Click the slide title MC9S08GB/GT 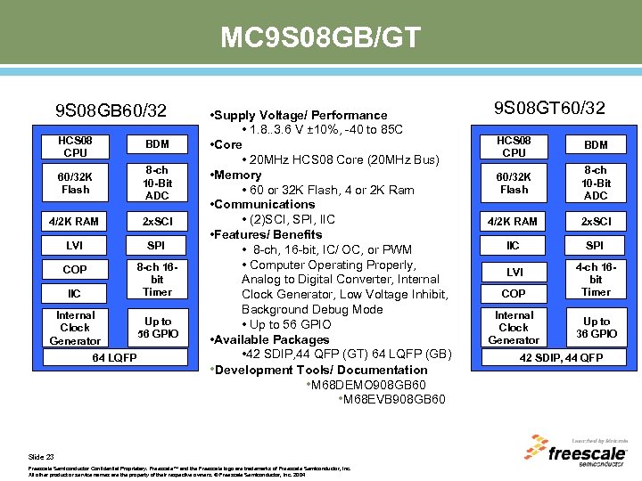pos(320,38)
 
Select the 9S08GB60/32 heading pos(111,111)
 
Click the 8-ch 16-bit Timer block pos(157,280)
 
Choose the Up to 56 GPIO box pos(157,327)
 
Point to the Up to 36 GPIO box pos(596,327)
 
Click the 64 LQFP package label pos(115,358)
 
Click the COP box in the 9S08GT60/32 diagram pos(514,293)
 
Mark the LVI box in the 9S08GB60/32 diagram pos(75,245)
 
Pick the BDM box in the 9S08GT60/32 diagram pos(596,145)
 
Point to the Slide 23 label pos(41,456)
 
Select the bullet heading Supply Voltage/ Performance pos(300,115)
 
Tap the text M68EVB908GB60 pos(392,399)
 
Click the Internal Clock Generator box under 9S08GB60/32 pos(75,328)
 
